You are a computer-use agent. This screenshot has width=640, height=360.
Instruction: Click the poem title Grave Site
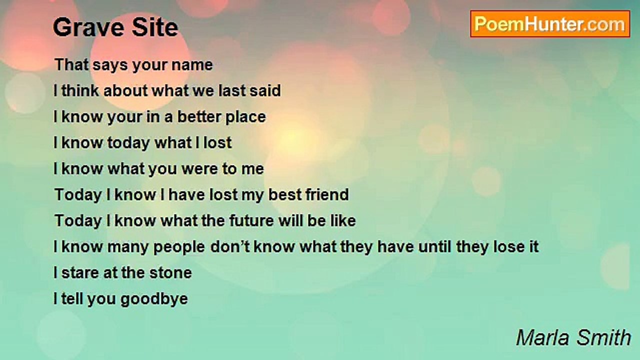(x=115, y=27)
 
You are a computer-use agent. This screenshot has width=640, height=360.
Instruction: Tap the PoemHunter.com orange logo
(x=550, y=24)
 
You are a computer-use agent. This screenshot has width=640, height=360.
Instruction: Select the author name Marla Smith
(x=573, y=337)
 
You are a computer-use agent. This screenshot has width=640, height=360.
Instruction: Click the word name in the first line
(x=192, y=65)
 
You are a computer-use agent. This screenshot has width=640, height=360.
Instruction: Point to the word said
(x=265, y=90)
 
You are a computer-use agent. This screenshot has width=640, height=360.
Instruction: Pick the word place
(x=245, y=117)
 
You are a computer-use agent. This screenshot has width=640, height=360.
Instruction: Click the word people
(x=179, y=247)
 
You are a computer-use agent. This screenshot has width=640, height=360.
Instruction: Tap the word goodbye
(x=154, y=299)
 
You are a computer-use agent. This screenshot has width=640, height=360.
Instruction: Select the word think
(x=80, y=90)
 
